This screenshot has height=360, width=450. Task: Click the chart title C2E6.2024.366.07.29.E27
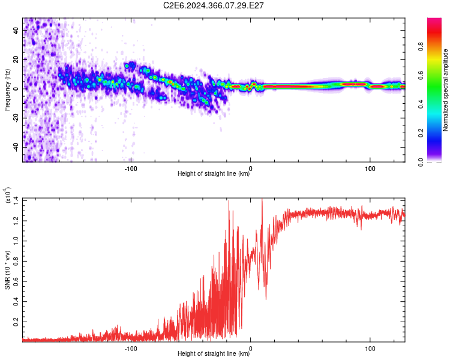[x=213, y=5]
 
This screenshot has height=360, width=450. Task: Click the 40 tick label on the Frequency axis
[x=16, y=30]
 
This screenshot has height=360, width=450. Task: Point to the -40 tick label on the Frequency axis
[x=16, y=147]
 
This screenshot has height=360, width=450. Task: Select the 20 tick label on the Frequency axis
[x=16, y=59]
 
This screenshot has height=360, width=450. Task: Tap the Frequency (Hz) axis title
[x=7, y=90]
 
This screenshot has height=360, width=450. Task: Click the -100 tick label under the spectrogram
[x=131, y=169]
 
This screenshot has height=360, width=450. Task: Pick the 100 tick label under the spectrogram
[x=370, y=169]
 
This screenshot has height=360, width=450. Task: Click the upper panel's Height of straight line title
[x=214, y=173]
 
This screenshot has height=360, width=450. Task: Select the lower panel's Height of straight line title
[x=214, y=353]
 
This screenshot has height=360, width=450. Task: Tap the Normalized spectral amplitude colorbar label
[x=445, y=90]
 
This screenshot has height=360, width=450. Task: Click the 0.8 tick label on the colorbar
[x=421, y=46]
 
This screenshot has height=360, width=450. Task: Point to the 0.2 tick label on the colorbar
[x=421, y=133]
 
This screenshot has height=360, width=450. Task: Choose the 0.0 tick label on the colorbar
[x=421, y=162]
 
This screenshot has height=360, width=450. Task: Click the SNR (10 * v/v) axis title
[x=7, y=270]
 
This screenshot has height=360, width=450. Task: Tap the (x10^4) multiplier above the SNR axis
[x=7, y=195]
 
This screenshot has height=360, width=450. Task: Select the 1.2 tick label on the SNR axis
[x=16, y=221]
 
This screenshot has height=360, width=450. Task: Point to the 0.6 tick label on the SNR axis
[x=16, y=281]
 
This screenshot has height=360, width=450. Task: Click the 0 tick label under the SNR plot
[x=251, y=349]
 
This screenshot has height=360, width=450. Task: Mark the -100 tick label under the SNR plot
[x=131, y=349]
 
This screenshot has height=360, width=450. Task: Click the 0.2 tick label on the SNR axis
[x=16, y=322]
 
